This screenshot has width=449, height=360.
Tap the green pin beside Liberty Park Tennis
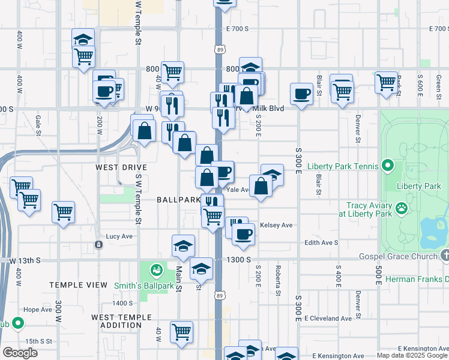(388, 166)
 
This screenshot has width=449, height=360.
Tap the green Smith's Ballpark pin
(156, 270)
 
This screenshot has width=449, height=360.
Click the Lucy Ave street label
(119, 236)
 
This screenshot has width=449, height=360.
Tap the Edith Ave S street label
(322, 242)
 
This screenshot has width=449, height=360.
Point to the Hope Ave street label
(38, 310)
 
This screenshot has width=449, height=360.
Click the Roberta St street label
(278, 280)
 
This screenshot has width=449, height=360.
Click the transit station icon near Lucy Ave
(98, 244)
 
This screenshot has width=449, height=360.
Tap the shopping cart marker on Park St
(386, 82)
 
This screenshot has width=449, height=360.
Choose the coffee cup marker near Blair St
(301, 93)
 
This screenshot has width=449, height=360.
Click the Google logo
(20, 353)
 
